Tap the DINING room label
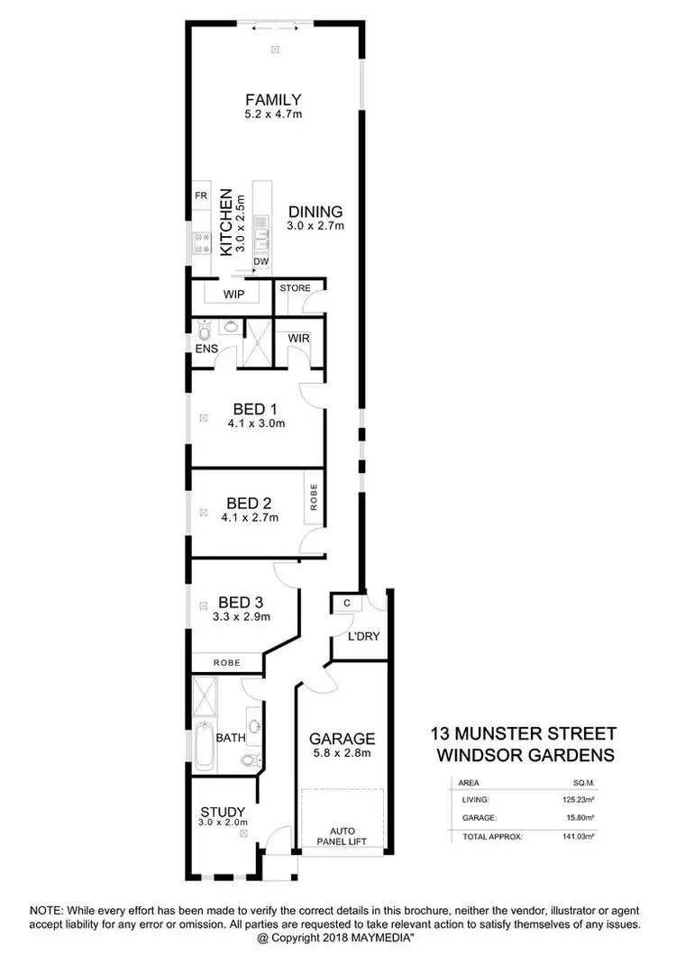[315, 212]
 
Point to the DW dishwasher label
[261, 261]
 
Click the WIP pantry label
[233, 293]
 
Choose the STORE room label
[295, 288]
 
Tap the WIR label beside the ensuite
[299, 338]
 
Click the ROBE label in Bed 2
[314, 498]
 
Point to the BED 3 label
[241, 603]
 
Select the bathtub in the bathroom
[204, 746]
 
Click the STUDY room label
[223, 810]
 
